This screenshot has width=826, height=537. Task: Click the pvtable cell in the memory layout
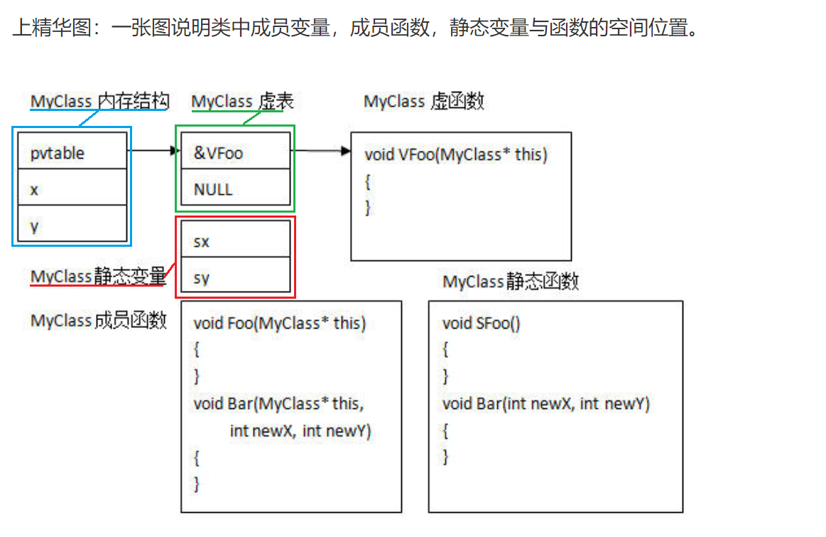[x=72, y=152]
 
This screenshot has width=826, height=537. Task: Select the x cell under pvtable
[x=72, y=189]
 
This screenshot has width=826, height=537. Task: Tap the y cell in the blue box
[x=72, y=225]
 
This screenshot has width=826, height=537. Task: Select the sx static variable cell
[x=235, y=241]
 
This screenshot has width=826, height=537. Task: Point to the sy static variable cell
[x=235, y=277]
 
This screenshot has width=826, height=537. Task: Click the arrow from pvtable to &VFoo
[x=153, y=151]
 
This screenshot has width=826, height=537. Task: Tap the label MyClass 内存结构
[x=99, y=102]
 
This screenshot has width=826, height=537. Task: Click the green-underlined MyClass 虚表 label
[x=242, y=102]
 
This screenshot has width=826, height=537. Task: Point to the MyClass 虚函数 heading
[x=423, y=102]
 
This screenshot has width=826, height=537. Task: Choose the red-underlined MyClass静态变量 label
[x=98, y=277]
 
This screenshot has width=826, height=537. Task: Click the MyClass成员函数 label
[x=98, y=321]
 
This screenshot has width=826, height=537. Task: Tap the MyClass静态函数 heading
[x=511, y=282]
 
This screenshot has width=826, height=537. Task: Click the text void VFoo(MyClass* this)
[x=456, y=154]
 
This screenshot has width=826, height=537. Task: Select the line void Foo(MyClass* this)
[x=279, y=324]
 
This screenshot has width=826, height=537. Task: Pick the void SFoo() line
[x=481, y=324]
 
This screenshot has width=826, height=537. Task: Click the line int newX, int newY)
[x=300, y=430]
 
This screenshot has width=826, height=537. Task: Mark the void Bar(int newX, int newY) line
[x=545, y=404]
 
